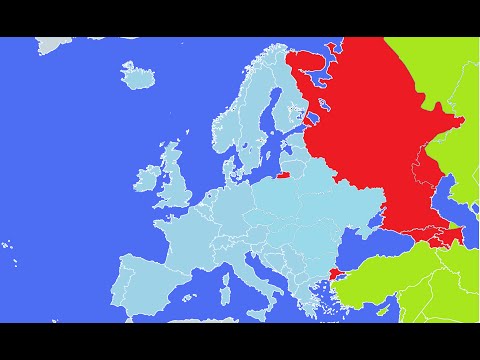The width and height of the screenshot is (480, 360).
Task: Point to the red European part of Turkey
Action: pos(333,268)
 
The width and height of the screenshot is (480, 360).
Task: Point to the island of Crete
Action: pos(318,318)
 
